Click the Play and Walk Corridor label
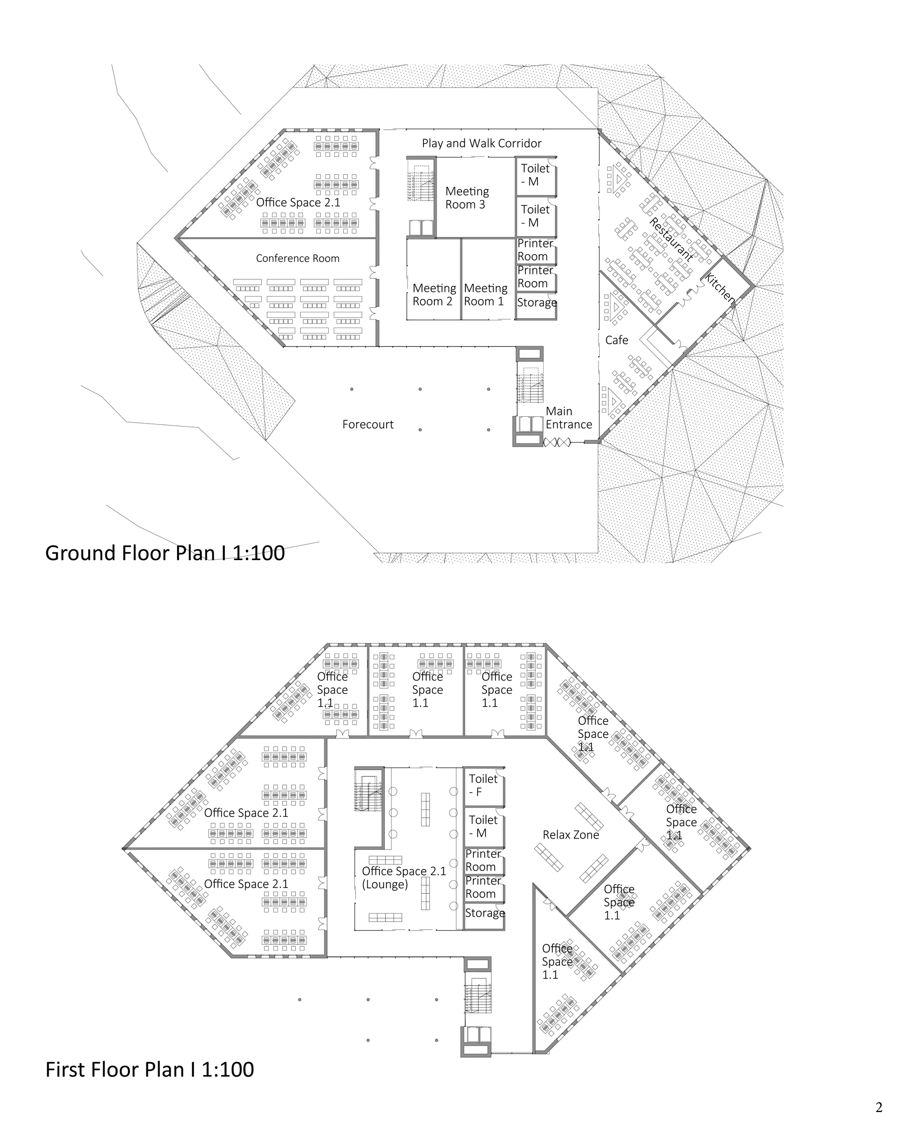[481, 144]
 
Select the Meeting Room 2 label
[434, 295]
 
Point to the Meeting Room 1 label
[486, 295]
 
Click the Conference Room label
[297, 258]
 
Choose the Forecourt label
[368, 424]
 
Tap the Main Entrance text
[569, 418]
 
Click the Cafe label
[617, 340]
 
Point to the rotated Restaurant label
[672, 239]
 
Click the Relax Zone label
[571, 835]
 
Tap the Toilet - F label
[483, 785]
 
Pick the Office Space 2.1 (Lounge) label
[404, 878]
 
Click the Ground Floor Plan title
[165, 553]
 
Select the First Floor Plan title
[150, 1069]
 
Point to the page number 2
[879, 1107]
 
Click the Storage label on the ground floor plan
[537, 303]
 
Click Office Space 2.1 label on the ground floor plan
[298, 202]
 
